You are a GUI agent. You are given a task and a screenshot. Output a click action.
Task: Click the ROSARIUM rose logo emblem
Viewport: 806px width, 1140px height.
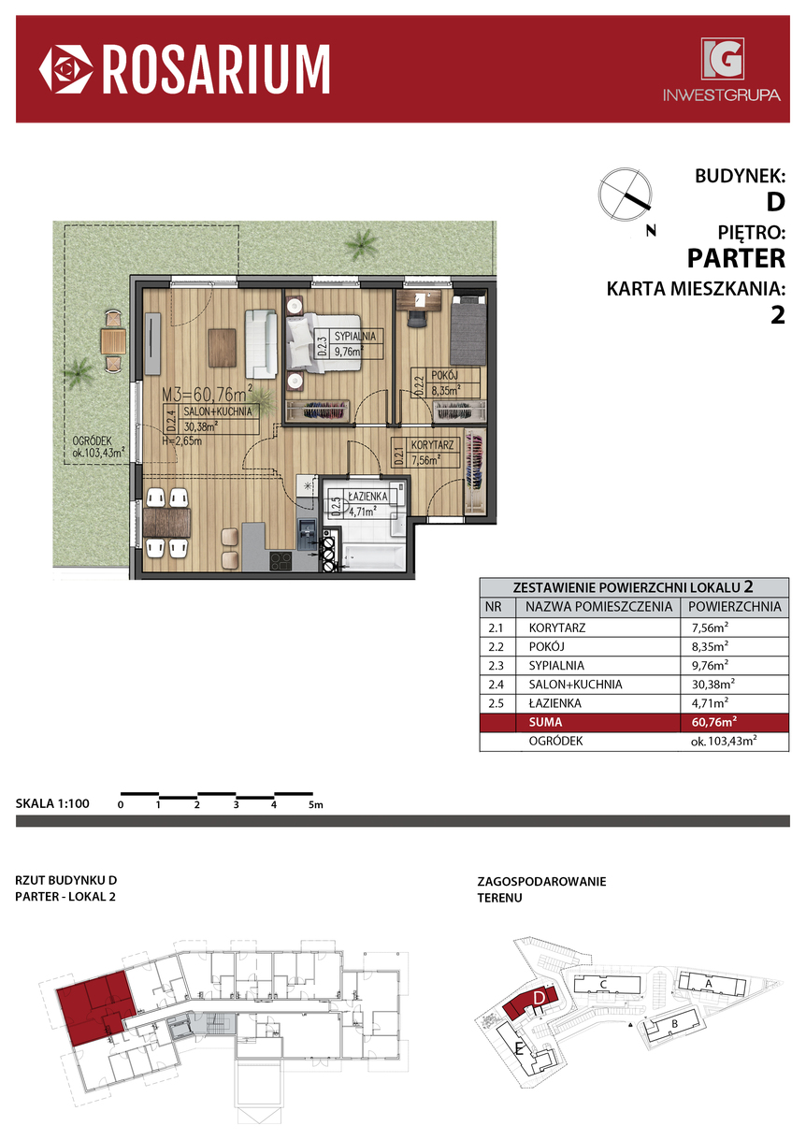(x=66, y=69)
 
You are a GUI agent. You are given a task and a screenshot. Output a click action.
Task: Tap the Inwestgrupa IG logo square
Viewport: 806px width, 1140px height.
(x=723, y=59)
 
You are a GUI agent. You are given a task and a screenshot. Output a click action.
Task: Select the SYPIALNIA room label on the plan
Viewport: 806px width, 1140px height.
(x=355, y=336)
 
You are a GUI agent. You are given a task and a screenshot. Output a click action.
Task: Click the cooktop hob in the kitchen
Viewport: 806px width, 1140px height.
(x=281, y=561)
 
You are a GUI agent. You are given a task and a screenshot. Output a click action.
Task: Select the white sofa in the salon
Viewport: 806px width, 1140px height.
(x=261, y=344)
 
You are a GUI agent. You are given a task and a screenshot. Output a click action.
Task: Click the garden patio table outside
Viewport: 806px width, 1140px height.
(x=113, y=341)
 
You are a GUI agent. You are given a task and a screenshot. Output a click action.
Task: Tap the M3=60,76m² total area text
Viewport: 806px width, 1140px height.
(x=207, y=394)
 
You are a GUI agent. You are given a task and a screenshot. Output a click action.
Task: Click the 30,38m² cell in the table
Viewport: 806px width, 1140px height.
(x=712, y=684)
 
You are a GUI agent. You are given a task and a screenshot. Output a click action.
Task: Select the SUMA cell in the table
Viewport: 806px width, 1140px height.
(x=545, y=722)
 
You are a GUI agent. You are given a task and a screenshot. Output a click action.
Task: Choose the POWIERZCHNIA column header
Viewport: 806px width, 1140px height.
(x=734, y=607)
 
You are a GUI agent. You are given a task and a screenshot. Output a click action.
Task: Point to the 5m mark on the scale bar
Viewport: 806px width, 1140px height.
(x=315, y=804)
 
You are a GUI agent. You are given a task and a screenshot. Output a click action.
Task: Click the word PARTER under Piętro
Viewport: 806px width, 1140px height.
(x=736, y=258)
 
